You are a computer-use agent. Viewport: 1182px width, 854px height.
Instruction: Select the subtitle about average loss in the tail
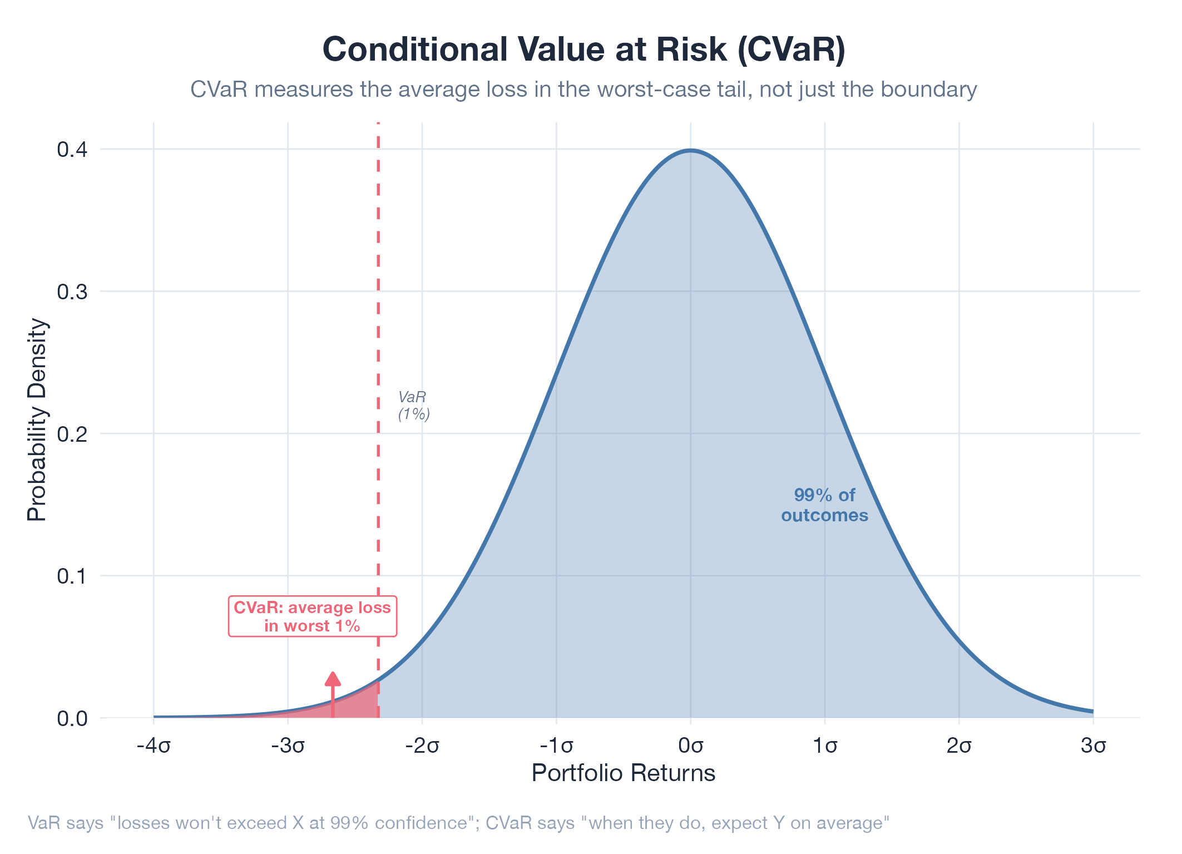583,90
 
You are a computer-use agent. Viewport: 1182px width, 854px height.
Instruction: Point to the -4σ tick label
154,746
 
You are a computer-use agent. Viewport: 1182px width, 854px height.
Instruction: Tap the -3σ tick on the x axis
288,746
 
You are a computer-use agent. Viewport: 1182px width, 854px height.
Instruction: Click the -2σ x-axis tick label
422,746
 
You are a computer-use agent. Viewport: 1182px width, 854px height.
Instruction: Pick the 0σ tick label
691,746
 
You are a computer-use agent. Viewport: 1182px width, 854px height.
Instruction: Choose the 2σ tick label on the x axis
959,746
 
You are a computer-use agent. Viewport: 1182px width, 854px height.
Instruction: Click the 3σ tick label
1094,746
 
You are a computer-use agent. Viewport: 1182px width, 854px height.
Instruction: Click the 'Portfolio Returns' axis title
623,773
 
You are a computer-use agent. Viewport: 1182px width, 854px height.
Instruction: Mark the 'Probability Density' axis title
37,419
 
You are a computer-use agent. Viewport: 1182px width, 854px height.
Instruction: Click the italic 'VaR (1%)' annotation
414,406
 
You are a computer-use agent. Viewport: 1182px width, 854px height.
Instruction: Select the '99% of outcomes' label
824,505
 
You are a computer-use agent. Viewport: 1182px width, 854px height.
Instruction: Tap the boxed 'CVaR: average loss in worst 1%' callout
312,616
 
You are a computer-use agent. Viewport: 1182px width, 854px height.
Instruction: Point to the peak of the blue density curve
691,150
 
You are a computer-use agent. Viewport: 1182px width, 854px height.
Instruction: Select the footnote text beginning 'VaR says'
459,823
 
